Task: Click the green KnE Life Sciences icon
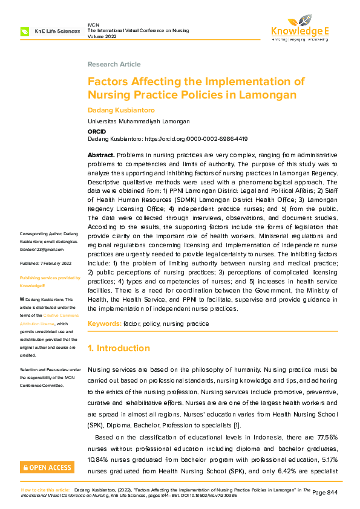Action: [x=25, y=31]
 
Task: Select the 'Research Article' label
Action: [x=114, y=64]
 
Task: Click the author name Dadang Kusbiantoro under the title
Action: [x=120, y=110]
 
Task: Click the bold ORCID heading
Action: [x=97, y=131]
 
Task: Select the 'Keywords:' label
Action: [x=104, y=324]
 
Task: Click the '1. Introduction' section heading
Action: [x=119, y=348]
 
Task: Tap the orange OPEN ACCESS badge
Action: [x=47, y=467]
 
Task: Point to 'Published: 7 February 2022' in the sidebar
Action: [x=46, y=264]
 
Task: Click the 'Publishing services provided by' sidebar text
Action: [x=50, y=277]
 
